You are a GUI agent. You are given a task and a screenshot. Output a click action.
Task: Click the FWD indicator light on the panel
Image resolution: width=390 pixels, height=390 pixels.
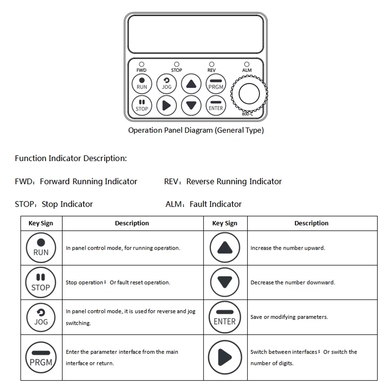coord(141,64)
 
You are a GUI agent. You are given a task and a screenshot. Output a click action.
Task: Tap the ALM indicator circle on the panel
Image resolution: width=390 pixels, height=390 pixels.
coord(247,64)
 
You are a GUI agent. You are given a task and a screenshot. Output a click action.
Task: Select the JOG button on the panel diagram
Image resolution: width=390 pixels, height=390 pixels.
coord(166,84)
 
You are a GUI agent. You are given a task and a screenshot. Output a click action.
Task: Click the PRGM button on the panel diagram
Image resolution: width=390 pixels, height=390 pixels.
coord(216,84)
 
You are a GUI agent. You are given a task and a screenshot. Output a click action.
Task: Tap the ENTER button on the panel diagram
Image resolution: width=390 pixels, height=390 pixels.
coord(216,105)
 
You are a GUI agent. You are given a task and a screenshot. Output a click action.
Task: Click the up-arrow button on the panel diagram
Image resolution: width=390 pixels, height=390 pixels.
coord(191,84)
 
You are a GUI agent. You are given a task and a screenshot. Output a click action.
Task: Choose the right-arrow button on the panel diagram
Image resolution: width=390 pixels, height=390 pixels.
coord(166,105)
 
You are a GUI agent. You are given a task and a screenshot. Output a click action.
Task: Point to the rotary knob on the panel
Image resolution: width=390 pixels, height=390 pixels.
coord(249,94)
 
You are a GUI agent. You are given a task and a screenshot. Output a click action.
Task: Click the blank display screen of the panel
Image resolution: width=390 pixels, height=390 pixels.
coord(196,34)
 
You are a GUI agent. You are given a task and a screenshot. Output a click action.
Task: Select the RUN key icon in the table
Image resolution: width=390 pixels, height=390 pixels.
coord(41,248)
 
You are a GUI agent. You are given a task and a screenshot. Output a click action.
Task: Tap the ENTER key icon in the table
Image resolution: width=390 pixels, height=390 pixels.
coord(225,317)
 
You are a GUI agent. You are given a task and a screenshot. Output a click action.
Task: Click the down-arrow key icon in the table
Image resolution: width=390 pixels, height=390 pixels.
coord(225,282)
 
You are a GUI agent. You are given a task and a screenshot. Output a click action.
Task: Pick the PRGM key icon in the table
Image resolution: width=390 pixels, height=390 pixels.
coord(41,357)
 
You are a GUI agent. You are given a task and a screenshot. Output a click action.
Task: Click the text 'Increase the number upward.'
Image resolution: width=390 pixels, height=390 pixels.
coord(288,248)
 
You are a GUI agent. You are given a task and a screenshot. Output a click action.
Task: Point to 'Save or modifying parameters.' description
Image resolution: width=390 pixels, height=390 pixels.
coord(289,317)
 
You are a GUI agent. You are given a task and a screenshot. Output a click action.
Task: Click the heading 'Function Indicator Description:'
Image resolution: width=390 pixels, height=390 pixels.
coord(71,158)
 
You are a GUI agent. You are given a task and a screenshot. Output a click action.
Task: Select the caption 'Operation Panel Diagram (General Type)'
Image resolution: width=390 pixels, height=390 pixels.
coord(196,130)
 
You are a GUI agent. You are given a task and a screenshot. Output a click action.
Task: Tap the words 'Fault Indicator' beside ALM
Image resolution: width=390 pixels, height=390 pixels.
coord(216,204)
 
